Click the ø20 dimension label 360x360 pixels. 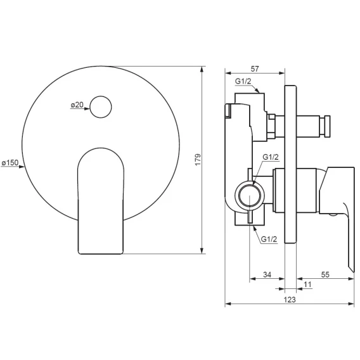(77, 105)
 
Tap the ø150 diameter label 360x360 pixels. (10, 162)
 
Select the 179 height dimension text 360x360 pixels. (198, 160)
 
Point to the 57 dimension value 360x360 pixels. (255, 68)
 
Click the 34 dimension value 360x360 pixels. (267, 274)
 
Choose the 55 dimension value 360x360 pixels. (325, 274)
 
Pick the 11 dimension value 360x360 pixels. (307, 285)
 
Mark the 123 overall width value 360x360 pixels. (290, 300)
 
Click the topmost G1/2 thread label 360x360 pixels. (243, 81)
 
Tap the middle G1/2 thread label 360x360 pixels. (271, 157)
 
